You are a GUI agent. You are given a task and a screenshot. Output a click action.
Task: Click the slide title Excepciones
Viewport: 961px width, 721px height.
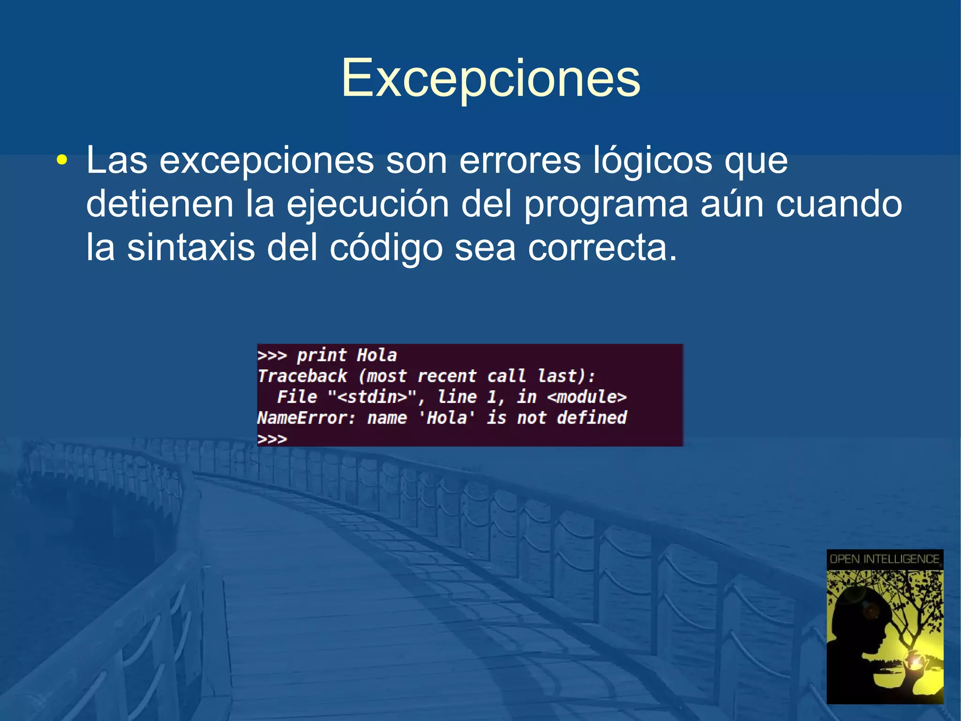point(490,78)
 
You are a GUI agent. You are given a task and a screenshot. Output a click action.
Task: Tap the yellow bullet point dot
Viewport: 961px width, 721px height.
point(61,161)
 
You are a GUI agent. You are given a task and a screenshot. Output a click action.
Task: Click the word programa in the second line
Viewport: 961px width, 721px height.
point(605,205)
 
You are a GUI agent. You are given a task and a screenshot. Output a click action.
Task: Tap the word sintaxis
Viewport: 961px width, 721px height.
point(191,248)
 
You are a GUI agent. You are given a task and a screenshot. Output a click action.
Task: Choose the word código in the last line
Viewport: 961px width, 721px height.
point(386,248)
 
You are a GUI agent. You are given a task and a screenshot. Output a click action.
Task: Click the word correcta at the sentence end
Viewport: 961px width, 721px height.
point(602,248)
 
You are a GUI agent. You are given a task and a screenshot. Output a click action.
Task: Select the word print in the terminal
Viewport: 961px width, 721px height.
point(321,355)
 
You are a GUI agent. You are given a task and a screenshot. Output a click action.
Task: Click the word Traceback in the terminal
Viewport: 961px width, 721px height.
point(302,376)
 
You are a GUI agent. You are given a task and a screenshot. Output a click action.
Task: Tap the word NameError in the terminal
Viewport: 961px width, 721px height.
point(306,418)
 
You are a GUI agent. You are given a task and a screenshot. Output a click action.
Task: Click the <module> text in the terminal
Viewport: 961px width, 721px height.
point(587,397)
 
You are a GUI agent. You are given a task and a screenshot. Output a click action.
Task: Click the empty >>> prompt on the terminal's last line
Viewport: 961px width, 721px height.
point(272,439)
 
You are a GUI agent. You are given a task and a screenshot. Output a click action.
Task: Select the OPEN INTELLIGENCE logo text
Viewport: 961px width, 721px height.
point(885,559)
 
